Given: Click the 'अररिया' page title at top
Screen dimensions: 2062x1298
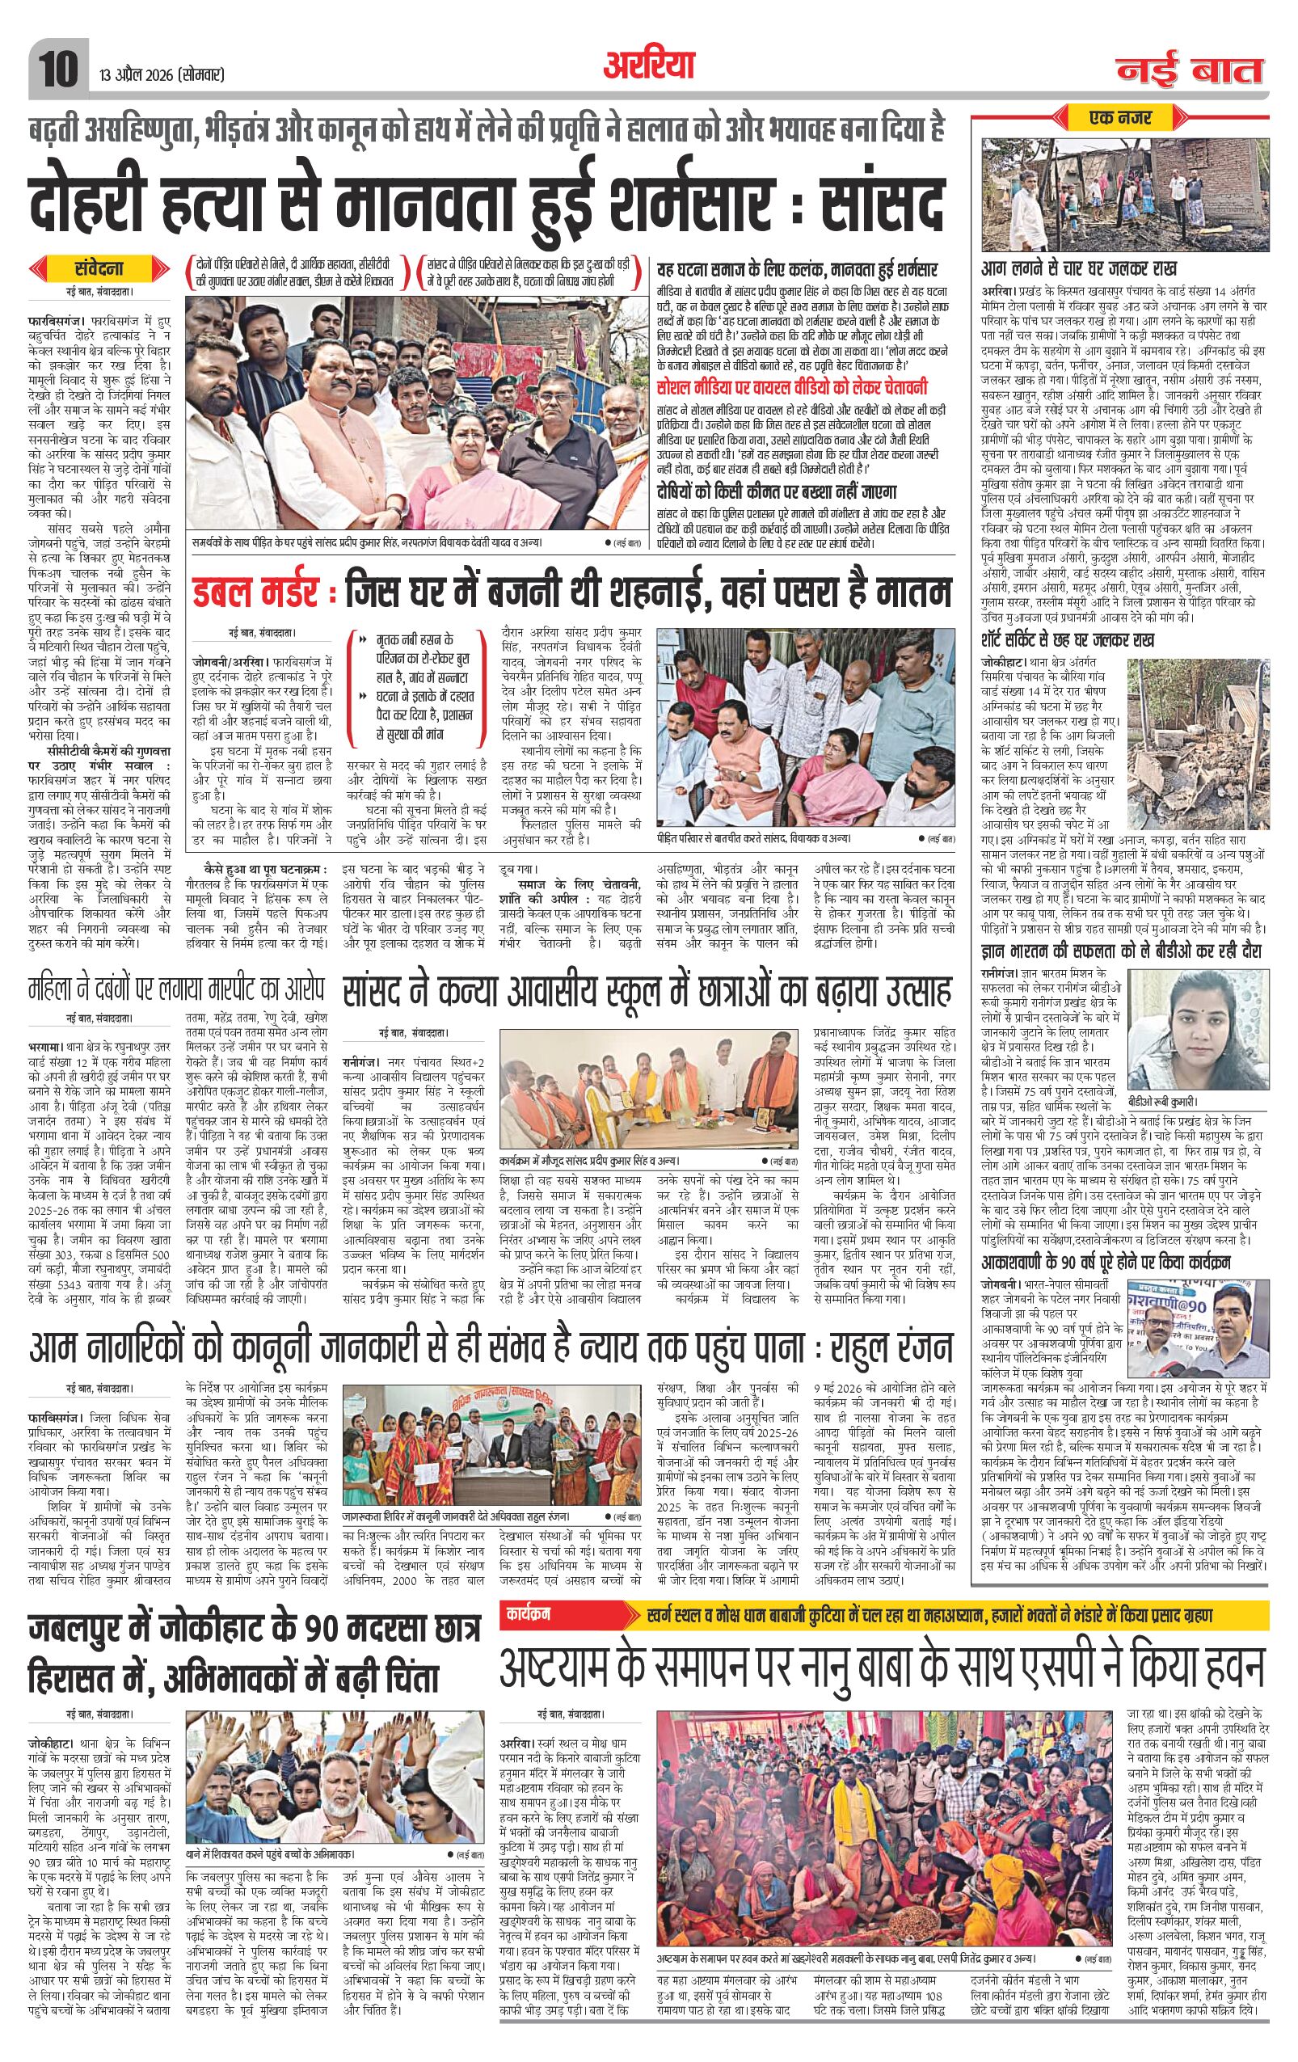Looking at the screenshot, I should coord(649,65).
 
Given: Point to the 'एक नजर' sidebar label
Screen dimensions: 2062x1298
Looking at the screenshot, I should coord(1123,116).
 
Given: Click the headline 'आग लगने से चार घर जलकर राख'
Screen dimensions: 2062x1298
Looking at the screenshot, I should coord(1080,268).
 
